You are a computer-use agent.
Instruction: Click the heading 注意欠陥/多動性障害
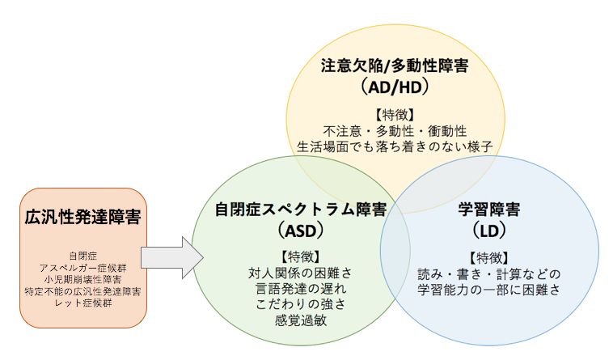395,66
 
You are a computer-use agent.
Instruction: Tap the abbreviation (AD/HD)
395,87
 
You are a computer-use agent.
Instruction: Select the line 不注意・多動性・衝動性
395,131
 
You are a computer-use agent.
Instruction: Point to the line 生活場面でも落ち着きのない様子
395,146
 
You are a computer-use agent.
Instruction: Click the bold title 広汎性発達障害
82,217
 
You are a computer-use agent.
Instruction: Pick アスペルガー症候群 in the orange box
82,268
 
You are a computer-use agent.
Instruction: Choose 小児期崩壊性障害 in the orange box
82,279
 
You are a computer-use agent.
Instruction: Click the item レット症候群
82,303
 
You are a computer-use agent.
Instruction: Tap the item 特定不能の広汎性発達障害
82,291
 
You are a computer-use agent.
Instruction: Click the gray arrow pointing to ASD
172,257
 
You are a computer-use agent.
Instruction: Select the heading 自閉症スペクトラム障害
301,210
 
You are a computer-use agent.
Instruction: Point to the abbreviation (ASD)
301,231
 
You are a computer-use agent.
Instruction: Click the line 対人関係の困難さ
300,273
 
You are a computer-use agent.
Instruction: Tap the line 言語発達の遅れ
300,289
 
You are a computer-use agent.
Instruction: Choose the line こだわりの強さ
300,304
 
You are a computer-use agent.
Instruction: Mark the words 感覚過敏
300,320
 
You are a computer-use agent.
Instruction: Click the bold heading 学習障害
489,210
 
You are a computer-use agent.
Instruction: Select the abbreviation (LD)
489,231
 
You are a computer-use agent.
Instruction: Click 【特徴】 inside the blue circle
489,258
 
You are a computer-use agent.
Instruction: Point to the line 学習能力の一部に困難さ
489,290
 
